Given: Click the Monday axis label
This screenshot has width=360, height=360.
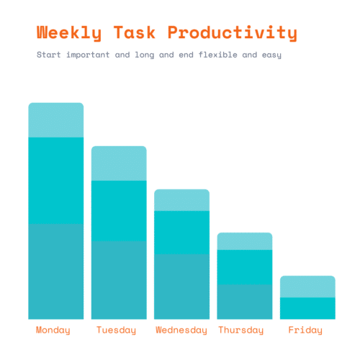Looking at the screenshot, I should point(53,330).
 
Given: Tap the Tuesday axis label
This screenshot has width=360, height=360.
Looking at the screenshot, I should point(116,330).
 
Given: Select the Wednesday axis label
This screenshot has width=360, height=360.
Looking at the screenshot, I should point(181,330).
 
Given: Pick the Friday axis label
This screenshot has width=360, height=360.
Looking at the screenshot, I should point(305,330).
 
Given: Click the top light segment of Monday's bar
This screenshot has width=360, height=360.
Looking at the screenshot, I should point(55,120).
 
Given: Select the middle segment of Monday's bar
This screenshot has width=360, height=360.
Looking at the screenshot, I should point(55,180).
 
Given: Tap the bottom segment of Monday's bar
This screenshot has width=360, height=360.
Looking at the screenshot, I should point(55,271).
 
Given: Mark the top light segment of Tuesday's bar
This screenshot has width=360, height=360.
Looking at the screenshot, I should point(119,163).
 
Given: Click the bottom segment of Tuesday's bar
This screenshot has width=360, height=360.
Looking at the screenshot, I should point(119,279).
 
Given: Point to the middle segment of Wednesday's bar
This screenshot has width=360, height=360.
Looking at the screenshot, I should point(181,232).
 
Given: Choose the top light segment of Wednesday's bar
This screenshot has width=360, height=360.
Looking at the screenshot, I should point(181,200).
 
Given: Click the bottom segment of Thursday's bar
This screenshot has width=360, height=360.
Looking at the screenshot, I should point(245,301).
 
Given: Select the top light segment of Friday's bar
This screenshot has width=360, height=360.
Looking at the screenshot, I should point(307,287).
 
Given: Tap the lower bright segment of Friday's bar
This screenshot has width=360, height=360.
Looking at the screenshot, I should point(307,308).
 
